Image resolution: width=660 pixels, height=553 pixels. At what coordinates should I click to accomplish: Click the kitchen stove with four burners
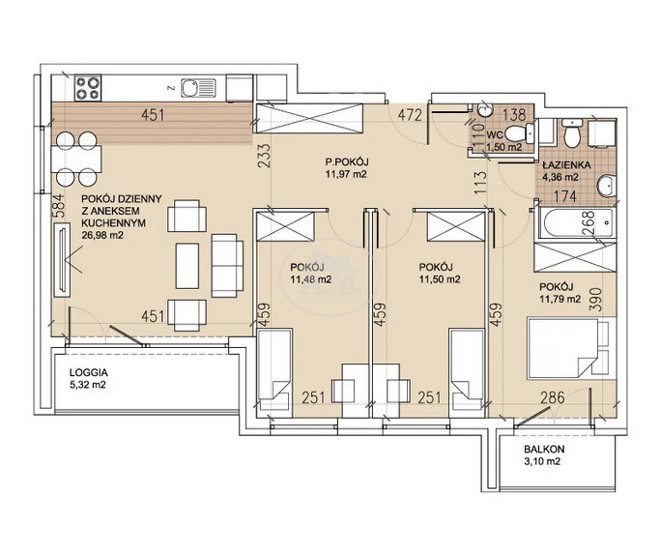coord(88,88)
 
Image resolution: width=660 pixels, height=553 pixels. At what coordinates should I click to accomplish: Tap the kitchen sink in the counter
coord(198,88)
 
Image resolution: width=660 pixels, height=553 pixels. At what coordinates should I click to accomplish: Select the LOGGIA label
coord(88,372)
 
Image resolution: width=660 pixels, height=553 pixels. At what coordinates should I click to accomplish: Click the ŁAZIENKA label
coord(566,165)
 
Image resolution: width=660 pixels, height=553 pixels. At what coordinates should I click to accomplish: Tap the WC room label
coord(494,135)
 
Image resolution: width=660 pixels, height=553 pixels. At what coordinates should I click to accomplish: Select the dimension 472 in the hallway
coord(410,114)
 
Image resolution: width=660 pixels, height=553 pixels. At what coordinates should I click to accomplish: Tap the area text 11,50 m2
coord(440,278)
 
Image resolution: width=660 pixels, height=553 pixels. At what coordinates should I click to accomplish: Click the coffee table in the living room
coord(187,266)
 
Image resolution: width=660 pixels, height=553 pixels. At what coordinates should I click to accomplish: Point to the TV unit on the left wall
coord(62,260)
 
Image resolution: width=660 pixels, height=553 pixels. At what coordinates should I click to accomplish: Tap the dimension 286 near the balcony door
coord(552,397)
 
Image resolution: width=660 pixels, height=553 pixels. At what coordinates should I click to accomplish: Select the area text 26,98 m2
coord(102,235)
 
